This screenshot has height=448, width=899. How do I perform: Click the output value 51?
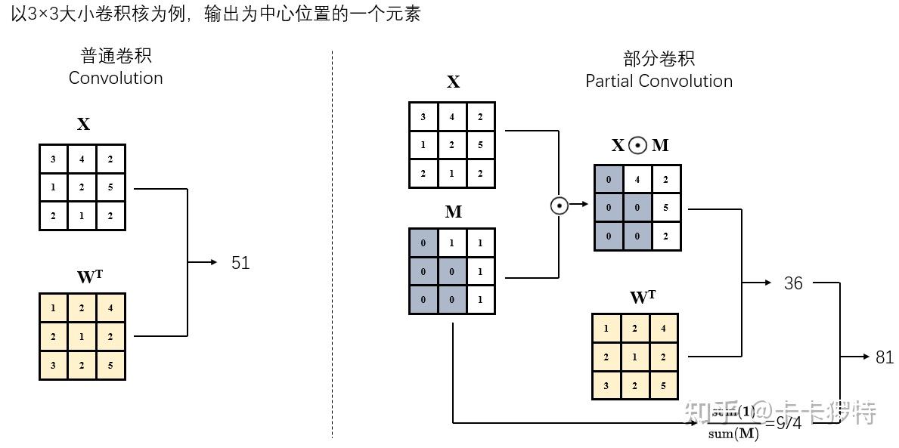click(x=240, y=263)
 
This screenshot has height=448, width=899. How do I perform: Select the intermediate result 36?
click(x=793, y=283)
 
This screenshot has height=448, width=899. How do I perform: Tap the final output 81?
click(x=885, y=357)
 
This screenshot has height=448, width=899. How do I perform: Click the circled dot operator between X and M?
click(x=559, y=204)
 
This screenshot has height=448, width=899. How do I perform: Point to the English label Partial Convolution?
click(x=659, y=81)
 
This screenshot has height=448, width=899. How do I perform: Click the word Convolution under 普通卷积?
click(x=116, y=78)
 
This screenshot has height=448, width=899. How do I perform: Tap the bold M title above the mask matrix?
click(x=453, y=212)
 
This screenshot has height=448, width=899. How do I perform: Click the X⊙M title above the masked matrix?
click(x=640, y=146)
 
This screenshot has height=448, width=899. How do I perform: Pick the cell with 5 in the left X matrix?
click(x=110, y=187)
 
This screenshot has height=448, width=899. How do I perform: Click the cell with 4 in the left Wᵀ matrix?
click(x=110, y=308)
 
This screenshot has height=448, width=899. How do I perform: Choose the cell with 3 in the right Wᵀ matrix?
click(x=606, y=385)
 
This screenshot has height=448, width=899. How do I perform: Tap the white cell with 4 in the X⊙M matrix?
click(x=637, y=180)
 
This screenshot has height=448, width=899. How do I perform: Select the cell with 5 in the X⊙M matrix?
click(x=666, y=208)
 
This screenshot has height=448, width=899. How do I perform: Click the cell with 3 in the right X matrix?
click(x=423, y=117)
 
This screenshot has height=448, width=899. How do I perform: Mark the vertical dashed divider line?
click(x=332, y=242)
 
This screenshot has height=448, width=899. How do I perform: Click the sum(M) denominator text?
click(x=733, y=434)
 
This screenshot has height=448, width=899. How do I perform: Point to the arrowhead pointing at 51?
click(x=212, y=262)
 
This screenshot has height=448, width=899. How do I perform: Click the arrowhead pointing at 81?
click(x=866, y=357)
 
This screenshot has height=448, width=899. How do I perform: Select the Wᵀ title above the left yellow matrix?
click(x=89, y=277)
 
